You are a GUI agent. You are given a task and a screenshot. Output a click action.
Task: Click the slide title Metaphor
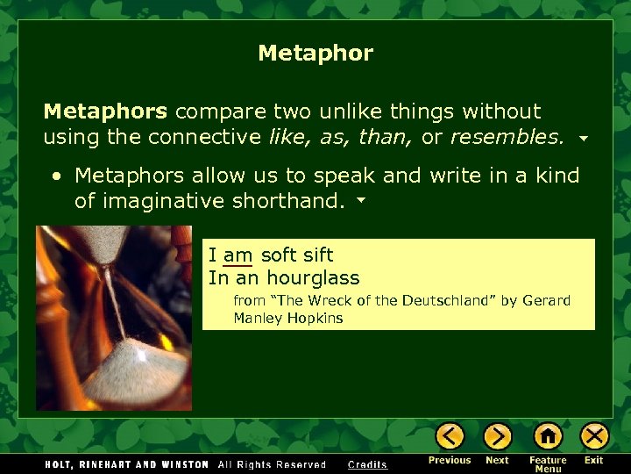pyautogui.click(x=315, y=54)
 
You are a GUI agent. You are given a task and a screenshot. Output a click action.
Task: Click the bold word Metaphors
pyautogui.click(x=104, y=111)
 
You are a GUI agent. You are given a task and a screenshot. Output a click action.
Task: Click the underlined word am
pyautogui.click(x=238, y=255)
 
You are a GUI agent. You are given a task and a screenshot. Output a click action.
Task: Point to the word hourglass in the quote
pyautogui.click(x=313, y=278)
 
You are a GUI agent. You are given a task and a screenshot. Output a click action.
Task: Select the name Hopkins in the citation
pyautogui.click(x=315, y=318)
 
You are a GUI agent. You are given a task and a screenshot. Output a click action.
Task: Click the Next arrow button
pyautogui.click(x=497, y=436)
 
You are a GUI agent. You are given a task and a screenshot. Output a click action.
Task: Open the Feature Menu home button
pyautogui.click(x=548, y=436)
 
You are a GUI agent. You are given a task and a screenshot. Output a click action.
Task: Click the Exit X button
pyautogui.click(x=594, y=436)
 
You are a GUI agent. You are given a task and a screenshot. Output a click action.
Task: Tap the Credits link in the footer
pyautogui.click(x=367, y=464)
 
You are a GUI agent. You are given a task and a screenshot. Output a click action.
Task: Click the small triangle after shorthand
pyautogui.click(x=359, y=202)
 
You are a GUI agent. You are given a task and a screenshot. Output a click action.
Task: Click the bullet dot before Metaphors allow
pyautogui.click(x=56, y=176)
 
